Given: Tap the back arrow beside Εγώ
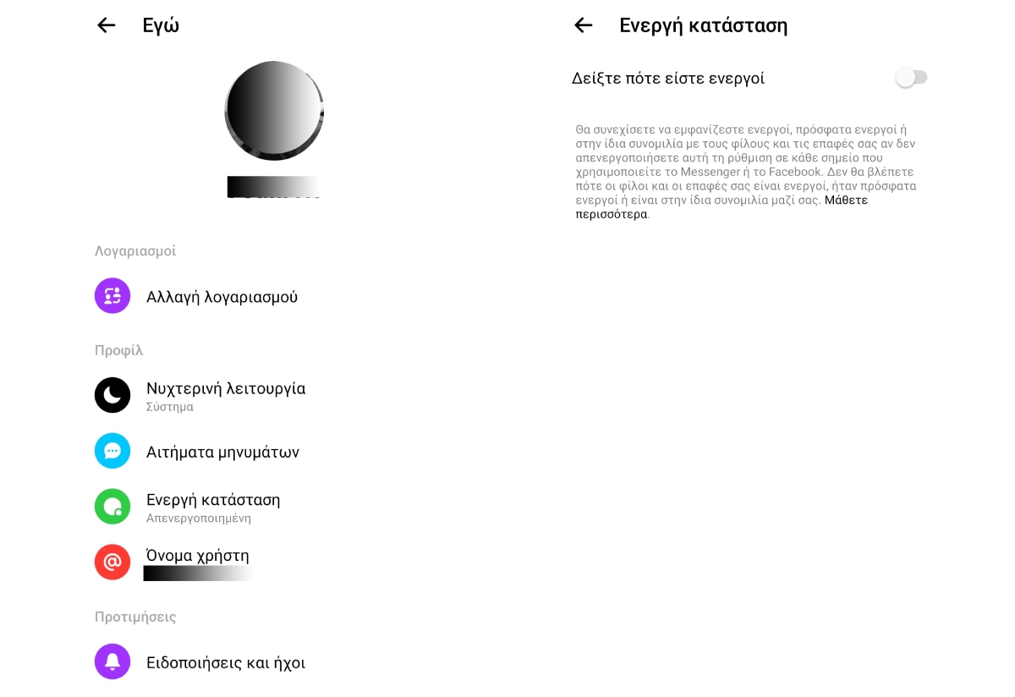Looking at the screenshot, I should [106, 25].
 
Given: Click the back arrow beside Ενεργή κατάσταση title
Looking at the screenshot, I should [583, 25].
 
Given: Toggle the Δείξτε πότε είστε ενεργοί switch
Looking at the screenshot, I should [911, 78].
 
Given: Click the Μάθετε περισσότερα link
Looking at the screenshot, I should [846, 200].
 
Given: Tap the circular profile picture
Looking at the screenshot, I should [274, 110].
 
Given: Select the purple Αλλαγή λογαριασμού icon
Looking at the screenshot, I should [112, 296].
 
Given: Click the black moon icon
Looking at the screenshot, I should [112, 395].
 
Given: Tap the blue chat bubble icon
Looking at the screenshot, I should [112, 451].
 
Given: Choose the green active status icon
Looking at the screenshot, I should [112, 507].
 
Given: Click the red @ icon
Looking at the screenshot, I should [112, 562].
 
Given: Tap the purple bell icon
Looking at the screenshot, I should [112, 661].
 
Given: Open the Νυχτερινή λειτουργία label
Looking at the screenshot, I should [226, 388].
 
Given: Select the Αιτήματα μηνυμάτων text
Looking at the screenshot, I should [222, 452].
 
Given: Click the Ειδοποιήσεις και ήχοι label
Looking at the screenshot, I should [226, 662].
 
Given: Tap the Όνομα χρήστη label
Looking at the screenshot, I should [198, 556].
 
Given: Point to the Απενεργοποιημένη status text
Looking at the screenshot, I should [199, 518].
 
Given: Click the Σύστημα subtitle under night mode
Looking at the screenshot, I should [170, 407].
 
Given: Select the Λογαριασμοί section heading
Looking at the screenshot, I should [135, 251].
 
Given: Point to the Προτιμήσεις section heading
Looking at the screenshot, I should [135, 617].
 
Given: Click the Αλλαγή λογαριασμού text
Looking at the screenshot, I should [222, 297].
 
